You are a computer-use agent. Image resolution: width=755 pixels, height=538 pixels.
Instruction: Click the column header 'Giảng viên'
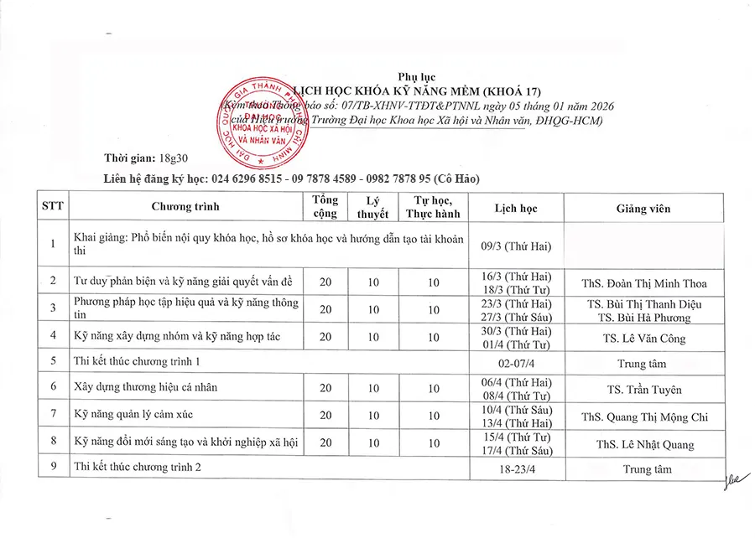(643, 209)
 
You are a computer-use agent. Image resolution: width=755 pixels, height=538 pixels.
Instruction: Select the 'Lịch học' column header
(516, 209)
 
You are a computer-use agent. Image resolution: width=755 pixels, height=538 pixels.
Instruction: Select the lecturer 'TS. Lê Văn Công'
(643, 339)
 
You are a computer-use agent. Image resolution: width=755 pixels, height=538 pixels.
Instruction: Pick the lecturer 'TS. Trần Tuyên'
(644, 390)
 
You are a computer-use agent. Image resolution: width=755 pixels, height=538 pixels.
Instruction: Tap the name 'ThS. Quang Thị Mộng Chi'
(644, 417)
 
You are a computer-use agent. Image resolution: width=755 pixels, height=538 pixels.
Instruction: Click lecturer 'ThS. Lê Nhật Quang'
(643, 445)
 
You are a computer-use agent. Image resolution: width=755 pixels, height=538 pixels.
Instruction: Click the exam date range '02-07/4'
(516, 364)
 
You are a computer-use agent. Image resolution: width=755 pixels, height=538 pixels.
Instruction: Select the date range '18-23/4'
(516, 469)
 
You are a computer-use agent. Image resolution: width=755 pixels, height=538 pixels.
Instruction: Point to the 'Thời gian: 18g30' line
(136, 159)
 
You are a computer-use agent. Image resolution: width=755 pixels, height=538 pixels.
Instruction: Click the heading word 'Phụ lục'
(417, 78)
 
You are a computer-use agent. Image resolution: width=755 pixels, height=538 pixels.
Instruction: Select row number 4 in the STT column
(53, 336)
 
